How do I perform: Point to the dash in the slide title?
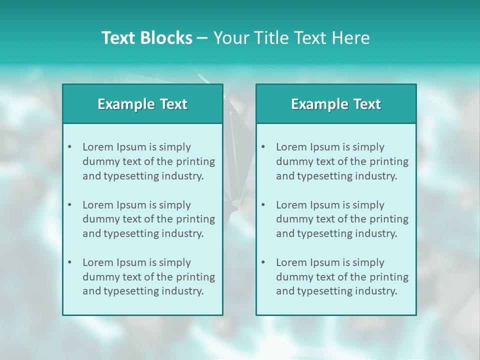pos(202,38)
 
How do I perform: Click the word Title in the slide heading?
pos(271,38)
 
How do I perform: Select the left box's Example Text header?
pos(142,104)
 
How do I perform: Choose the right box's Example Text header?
pos(336,104)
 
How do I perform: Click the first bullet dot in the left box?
pos(69,147)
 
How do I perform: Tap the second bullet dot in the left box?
pos(69,205)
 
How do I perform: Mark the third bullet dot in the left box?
pos(69,262)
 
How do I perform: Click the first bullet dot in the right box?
pos(263,147)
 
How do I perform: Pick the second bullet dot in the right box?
pos(263,205)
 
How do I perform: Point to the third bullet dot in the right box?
pos(263,262)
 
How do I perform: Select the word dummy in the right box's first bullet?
pos(292,161)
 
